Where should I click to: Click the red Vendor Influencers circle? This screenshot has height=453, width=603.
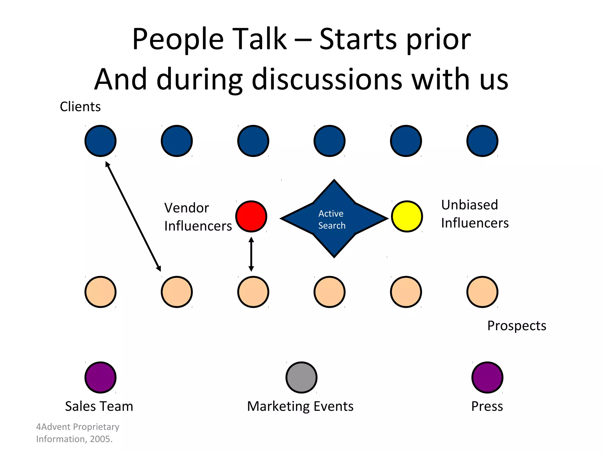[x=251, y=216]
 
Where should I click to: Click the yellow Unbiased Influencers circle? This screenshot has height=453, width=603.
[x=407, y=216]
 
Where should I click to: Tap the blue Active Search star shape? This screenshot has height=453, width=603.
[x=334, y=219]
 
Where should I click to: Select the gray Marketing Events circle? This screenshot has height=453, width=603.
[x=301, y=377]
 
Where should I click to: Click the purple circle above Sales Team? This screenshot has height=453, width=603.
[x=100, y=377]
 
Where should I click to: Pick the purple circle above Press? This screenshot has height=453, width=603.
[x=487, y=377]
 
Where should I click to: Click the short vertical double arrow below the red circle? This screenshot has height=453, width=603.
[x=251, y=254]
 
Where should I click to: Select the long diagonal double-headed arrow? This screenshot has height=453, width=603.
[x=133, y=216]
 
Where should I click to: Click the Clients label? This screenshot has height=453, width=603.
[x=80, y=106]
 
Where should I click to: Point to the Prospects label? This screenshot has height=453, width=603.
[x=517, y=326]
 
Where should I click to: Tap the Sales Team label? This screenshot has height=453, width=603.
[x=99, y=406]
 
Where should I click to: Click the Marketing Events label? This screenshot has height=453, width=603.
[x=300, y=406]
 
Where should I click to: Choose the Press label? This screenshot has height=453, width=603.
[x=487, y=406]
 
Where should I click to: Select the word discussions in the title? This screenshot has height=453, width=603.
[x=327, y=79]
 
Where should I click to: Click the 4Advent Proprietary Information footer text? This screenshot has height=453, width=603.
[x=77, y=433]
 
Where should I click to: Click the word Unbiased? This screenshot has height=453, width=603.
[x=470, y=205]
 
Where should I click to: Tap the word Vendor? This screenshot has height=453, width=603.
[x=187, y=208]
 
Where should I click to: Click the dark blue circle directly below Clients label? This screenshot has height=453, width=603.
[x=100, y=141]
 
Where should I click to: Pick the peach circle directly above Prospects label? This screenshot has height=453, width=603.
[x=482, y=292]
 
